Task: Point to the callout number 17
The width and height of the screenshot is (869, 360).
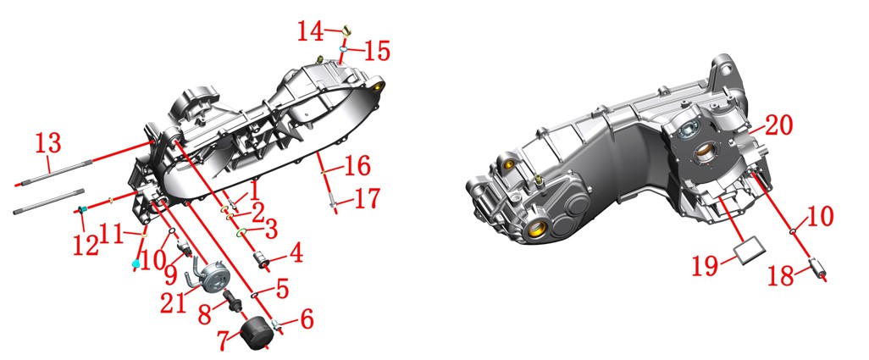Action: tap(367, 199)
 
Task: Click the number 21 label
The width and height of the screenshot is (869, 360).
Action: tap(174, 303)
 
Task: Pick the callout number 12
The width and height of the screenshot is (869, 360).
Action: tap(86, 244)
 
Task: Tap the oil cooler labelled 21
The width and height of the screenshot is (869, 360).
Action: tap(213, 279)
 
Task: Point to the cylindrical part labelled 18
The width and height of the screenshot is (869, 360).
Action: tap(817, 269)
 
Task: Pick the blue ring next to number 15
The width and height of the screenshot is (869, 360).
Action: tap(344, 49)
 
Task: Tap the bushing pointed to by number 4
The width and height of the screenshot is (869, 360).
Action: tap(262, 258)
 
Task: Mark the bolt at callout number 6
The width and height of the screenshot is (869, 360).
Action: tap(276, 324)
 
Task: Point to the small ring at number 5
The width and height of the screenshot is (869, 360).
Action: tap(256, 295)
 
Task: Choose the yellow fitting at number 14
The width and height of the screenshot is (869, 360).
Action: tap(346, 29)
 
